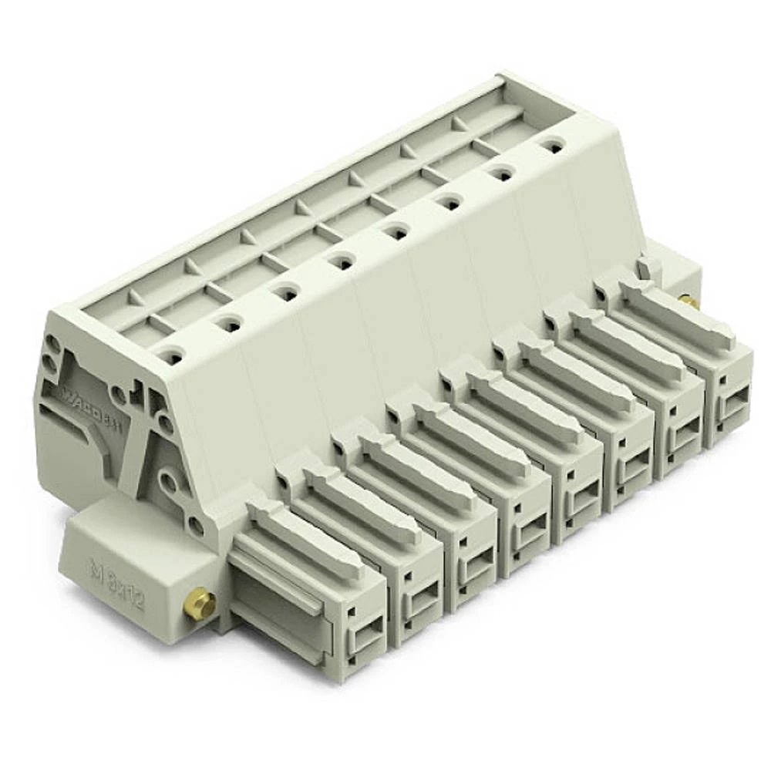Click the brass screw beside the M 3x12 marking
[199, 603]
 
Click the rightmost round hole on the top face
[550, 143]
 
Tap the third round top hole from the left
[285, 292]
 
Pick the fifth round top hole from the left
[396, 231]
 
